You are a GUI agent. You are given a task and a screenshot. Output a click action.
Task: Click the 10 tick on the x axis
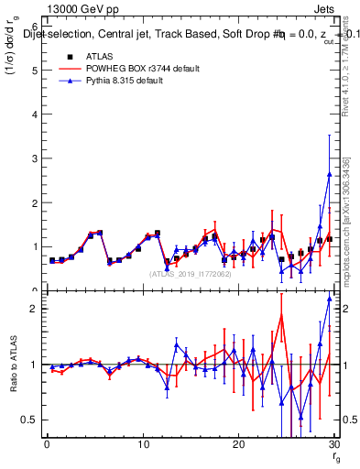tap(143, 444)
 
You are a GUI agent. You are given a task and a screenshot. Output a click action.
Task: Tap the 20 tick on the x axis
tap(238, 444)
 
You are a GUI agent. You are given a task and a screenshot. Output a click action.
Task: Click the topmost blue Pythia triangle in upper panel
tap(329, 174)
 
